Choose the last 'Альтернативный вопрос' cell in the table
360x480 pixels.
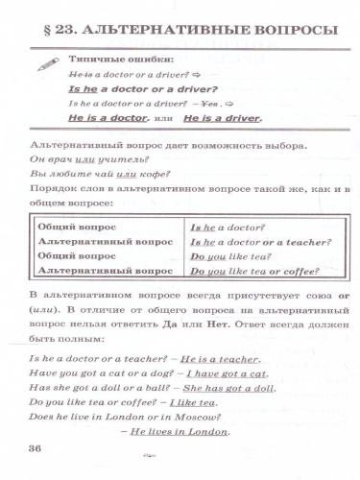104,272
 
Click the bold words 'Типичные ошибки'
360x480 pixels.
114,60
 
